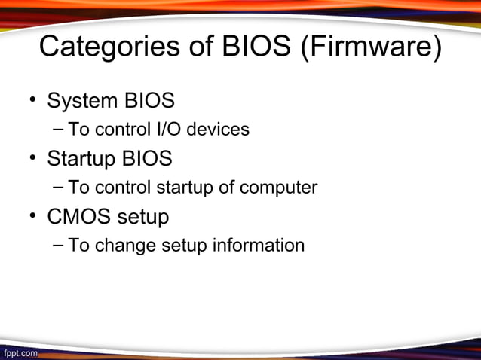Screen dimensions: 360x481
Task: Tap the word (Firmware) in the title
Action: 371,47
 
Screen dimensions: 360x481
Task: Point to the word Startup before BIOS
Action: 82,159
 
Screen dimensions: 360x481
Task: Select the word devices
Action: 218,130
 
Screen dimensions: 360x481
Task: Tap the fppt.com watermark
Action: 20,352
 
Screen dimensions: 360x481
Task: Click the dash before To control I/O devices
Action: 59,130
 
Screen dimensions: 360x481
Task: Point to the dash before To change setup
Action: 59,246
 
